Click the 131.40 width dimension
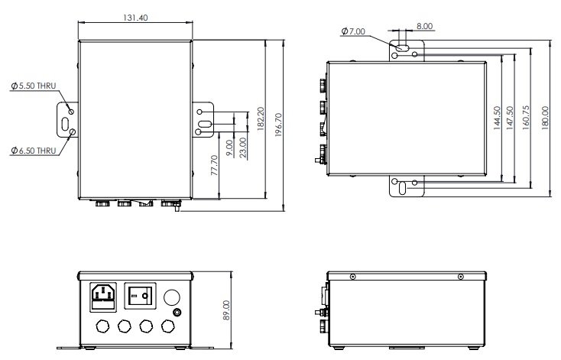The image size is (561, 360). (135, 18)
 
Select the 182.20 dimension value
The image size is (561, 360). (261, 118)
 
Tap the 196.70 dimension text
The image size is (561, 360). (279, 125)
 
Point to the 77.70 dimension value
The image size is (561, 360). (214, 165)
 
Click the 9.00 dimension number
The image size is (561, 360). (230, 148)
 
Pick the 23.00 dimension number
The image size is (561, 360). (243, 148)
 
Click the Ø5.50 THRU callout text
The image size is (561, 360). (34, 86)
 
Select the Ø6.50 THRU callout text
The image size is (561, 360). (34, 151)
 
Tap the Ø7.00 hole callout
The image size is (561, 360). (353, 31)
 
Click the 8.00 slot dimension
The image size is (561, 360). (424, 26)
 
